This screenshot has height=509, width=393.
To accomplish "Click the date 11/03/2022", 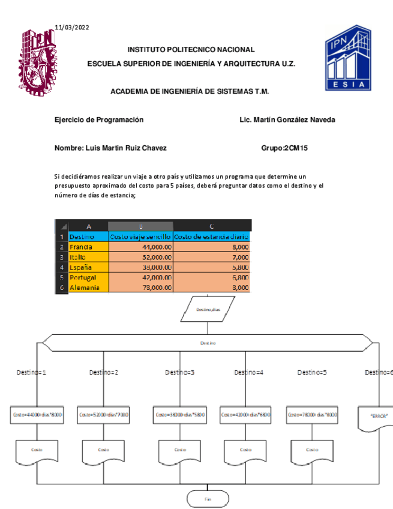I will coord(72,27).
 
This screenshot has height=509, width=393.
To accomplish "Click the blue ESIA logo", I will coord(348,58).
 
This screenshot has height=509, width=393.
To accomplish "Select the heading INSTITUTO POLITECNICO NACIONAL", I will coord(191,50).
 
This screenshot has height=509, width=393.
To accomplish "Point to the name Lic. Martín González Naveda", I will coord(287,119).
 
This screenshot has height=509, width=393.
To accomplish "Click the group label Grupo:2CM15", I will coord(285,148).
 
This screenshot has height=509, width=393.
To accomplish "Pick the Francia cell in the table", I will coord(88,247).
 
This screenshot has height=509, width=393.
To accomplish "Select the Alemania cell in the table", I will coord(88,288).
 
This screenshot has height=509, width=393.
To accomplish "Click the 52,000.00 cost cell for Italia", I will coord(140,257).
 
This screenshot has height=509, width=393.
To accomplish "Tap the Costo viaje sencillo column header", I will coord(140,236).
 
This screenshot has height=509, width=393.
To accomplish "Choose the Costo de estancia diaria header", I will coord(211,236).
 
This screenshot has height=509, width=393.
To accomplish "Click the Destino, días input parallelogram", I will coord(208,310).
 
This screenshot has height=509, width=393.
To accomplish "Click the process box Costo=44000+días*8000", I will coord(37,415).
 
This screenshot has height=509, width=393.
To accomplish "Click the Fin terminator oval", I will coord(208,498).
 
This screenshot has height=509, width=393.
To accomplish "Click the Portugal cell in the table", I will coord(88,277).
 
